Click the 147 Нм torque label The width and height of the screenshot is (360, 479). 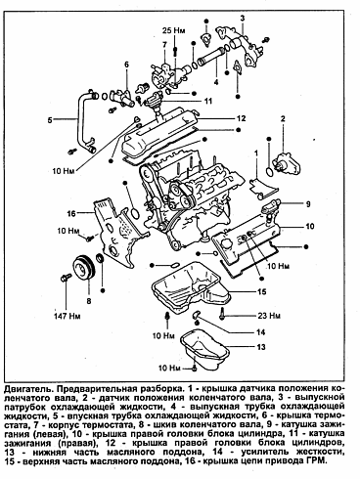point(67,316)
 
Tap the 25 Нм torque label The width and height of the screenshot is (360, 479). point(174,30)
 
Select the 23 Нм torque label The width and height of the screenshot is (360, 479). point(269,316)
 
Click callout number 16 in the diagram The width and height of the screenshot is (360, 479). point(71,213)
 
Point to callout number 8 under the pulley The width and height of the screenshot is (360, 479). point(89,301)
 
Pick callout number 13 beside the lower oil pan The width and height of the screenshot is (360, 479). point(261,347)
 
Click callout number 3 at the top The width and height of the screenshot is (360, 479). point(243,18)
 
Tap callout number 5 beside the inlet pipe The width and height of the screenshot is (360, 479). point(50,120)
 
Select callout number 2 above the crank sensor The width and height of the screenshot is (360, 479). point(283,118)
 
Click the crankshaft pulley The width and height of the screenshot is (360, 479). point(83,269)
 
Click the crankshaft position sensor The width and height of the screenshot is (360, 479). point(287,163)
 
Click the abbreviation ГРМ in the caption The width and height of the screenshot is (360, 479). point(318,461)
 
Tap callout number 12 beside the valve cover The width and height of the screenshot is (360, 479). point(242,118)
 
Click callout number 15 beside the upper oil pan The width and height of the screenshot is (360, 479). point(262,291)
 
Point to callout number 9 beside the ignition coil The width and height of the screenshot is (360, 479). point(308,204)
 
